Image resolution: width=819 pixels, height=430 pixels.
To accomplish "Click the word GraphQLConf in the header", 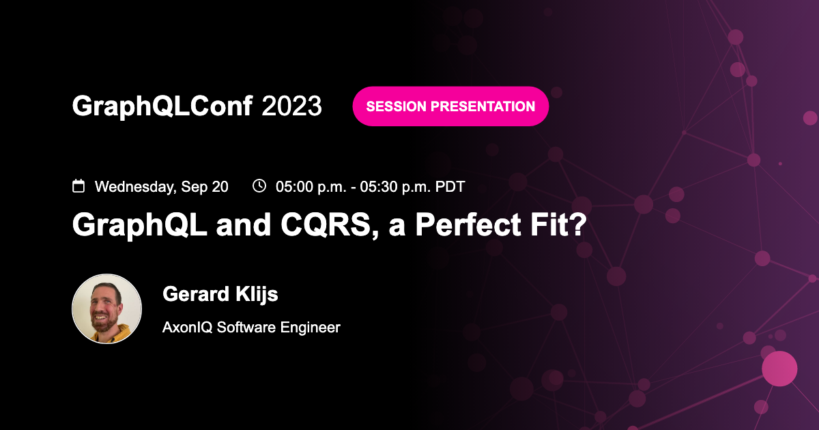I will tap(162, 106).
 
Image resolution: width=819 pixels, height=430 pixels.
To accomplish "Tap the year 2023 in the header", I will tap(291, 106).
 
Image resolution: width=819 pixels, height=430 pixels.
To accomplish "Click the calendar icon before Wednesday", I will tap(79, 186).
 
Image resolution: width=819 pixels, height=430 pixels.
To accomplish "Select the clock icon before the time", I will tap(259, 186).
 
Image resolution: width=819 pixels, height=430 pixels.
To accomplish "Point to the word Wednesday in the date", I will tap(135, 186).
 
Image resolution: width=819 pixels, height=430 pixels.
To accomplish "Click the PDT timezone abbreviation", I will tap(450, 186).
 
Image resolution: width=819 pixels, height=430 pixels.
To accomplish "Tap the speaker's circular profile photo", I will tap(107, 309).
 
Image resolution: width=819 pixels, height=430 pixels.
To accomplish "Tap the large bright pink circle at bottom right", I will tap(779, 369).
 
